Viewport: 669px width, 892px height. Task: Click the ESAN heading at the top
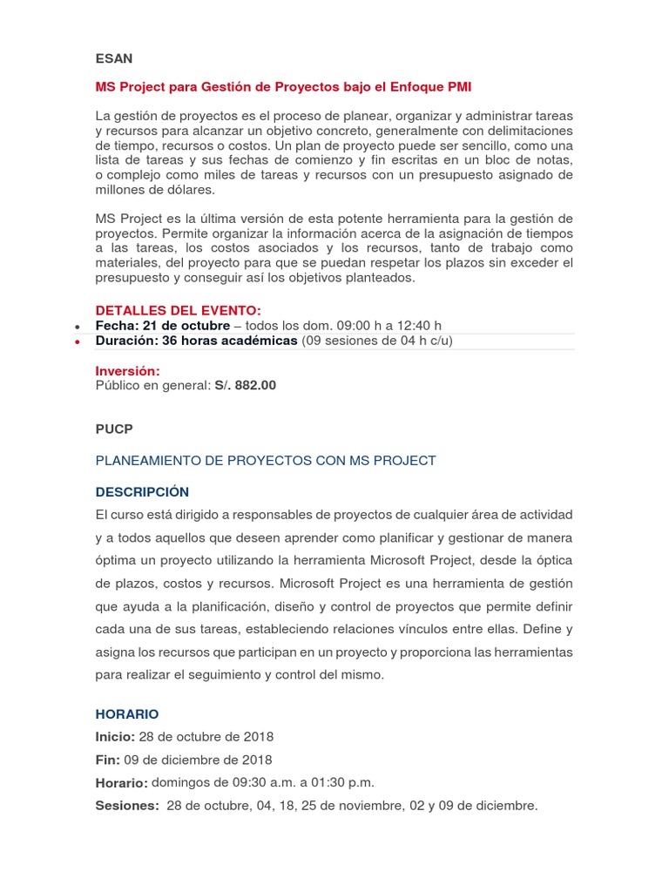114,58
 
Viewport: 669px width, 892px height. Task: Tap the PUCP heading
114,430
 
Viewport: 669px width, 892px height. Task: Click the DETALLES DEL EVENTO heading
178,310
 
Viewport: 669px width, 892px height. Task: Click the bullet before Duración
78,342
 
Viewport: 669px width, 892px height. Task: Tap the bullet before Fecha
78,327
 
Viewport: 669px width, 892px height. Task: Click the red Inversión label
127,371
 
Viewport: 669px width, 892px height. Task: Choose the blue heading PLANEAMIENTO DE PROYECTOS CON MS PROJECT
266,460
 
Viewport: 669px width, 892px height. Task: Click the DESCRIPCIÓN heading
142,491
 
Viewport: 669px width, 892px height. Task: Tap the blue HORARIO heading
127,713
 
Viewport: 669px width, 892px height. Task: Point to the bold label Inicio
115,737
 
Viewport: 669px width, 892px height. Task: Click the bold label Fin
107,760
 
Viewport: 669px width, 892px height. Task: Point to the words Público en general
152,385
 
